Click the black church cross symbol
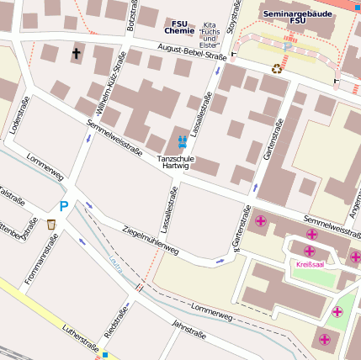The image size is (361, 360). tap(77, 53)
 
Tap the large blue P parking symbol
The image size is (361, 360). tap(63, 206)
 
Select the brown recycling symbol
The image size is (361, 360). tap(276, 69)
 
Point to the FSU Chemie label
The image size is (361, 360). tap(179, 27)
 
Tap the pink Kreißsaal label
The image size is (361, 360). tap(310, 264)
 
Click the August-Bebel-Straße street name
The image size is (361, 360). tap(192, 56)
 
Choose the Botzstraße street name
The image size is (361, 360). tap(132, 16)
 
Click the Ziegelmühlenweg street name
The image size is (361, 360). tap(151, 239)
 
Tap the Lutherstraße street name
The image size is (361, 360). tap(81, 338)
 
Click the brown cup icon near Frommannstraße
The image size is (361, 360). tap(51, 225)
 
